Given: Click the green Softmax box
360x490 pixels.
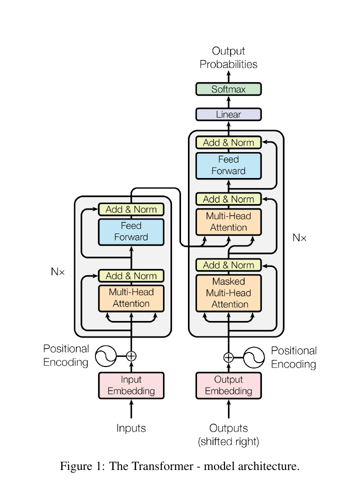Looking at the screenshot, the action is click(228, 89).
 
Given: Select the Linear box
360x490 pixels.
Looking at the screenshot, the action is click(228, 114).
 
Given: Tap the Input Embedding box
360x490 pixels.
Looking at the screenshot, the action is click(131, 385).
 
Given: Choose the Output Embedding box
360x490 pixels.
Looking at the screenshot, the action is click(228, 385).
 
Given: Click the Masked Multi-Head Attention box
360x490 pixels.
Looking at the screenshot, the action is click(228, 293).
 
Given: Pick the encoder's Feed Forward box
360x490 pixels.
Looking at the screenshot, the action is click(131, 232).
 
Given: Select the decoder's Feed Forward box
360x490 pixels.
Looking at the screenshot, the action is click(228, 165).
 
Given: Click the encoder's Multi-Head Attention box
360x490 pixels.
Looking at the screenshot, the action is click(131, 298).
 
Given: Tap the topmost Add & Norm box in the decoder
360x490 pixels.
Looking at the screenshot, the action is click(228, 142).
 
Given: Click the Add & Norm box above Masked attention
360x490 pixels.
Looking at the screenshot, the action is click(228, 265).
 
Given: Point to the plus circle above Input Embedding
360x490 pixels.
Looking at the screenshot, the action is click(131, 356).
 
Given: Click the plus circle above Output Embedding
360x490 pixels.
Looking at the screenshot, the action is click(228, 357).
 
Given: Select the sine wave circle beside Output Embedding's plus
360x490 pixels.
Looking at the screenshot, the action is click(254, 357).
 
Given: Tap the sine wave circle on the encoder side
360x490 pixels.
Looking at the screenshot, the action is click(106, 356).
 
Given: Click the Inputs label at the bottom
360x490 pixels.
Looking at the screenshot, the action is click(131, 428).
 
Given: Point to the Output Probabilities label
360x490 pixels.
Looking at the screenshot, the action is click(228, 57).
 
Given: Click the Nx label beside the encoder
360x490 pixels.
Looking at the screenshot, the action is click(58, 271).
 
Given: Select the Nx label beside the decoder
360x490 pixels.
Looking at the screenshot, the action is click(299, 238).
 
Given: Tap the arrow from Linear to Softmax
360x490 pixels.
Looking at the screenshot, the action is click(228, 102).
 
